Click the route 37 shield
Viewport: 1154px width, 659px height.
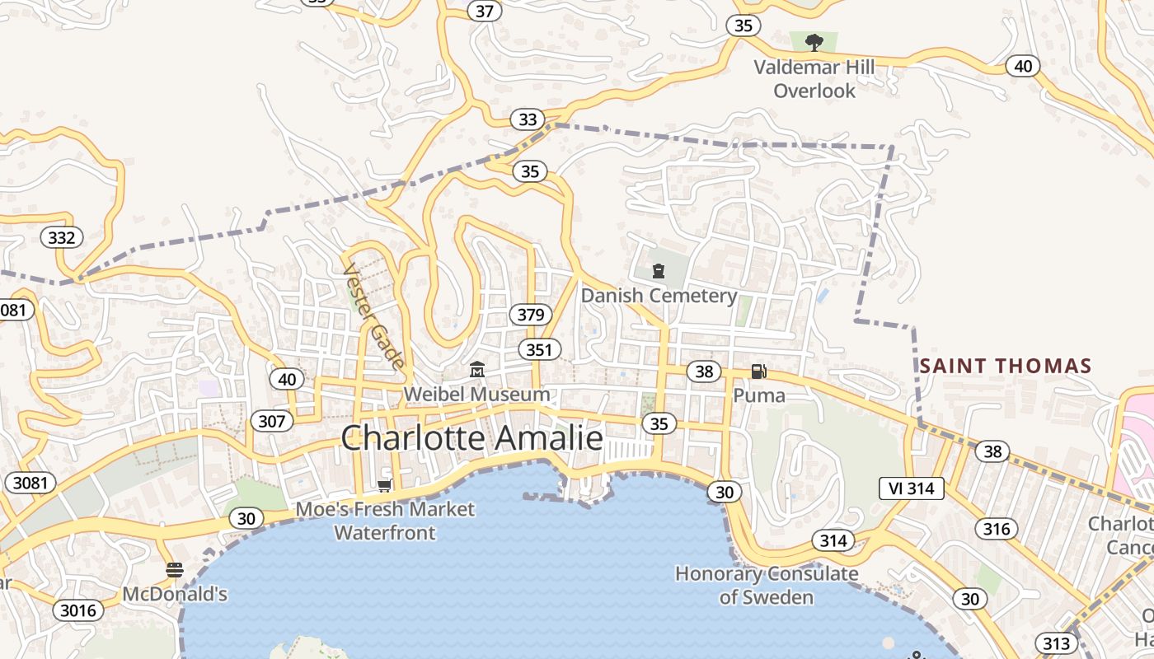485,11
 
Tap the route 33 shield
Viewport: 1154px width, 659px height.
528,119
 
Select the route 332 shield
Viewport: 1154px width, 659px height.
62,238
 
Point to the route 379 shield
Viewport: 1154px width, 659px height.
531,314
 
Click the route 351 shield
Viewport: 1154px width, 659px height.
539,349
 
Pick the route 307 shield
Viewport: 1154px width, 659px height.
271,422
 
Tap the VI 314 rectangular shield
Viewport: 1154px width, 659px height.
911,488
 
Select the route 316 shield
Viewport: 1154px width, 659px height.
996,528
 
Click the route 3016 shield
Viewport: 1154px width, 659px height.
78,610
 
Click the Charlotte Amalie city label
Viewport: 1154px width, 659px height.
472,437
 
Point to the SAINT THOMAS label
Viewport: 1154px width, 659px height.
1006,366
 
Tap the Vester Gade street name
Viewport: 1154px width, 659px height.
374,316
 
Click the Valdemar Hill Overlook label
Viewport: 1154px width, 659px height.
814,79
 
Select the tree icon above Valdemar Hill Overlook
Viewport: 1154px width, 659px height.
814,42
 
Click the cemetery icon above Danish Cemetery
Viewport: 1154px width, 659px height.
659,270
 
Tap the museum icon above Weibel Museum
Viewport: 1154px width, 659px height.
477,370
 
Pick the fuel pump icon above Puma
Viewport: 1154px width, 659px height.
758,372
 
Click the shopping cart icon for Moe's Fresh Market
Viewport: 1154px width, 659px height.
384,486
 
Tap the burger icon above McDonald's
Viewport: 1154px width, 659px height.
174,570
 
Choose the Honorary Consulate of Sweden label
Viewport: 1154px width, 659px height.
767,585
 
